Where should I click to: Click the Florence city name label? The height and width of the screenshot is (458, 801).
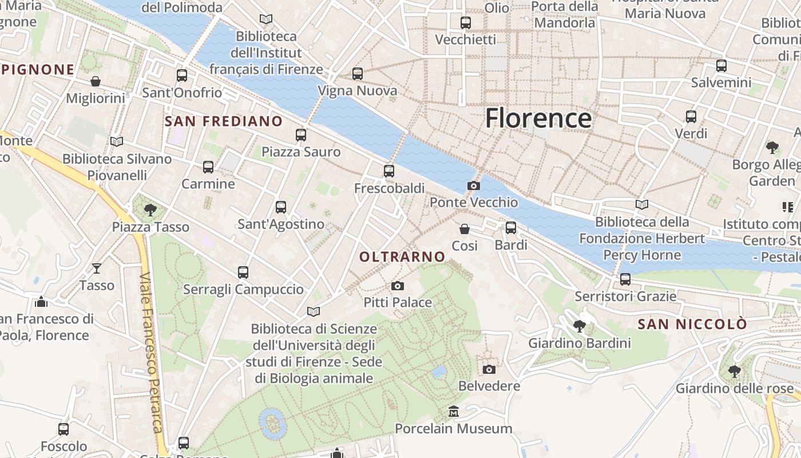pyautogui.click(x=538, y=119)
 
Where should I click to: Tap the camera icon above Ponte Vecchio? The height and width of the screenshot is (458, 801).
pyautogui.click(x=473, y=185)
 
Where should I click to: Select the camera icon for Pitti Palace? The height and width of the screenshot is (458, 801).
pyautogui.click(x=398, y=286)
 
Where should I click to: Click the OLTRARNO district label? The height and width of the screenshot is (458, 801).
pyautogui.click(x=402, y=257)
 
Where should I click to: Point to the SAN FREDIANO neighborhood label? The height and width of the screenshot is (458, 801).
pyautogui.click(x=224, y=121)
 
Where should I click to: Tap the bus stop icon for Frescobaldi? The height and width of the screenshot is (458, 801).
pyautogui.click(x=389, y=171)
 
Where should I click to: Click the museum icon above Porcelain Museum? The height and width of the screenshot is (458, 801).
pyautogui.click(x=454, y=412)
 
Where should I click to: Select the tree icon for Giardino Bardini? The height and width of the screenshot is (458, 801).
pyautogui.click(x=579, y=326)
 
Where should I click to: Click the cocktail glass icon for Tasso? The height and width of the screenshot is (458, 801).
pyautogui.click(x=97, y=268)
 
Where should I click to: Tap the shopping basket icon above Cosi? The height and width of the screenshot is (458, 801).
pyautogui.click(x=465, y=229)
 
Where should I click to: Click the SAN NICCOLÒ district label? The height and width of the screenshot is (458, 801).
pyautogui.click(x=692, y=324)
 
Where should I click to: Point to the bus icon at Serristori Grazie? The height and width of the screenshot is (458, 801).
pyautogui.click(x=625, y=279)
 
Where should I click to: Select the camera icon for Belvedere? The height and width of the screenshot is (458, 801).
pyautogui.click(x=489, y=369)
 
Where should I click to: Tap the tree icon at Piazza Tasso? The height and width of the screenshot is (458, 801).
pyautogui.click(x=150, y=210)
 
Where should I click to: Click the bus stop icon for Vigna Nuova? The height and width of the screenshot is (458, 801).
pyautogui.click(x=358, y=74)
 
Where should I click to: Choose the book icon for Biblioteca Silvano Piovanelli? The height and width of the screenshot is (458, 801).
pyautogui.click(x=117, y=141)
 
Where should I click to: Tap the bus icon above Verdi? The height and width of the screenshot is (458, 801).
pyautogui.click(x=691, y=117)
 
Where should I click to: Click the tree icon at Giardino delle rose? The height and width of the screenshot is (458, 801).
pyautogui.click(x=735, y=372)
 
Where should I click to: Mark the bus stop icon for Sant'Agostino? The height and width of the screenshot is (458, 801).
pyautogui.click(x=281, y=207)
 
